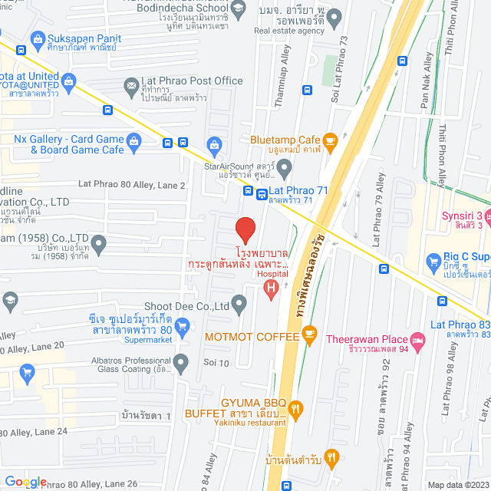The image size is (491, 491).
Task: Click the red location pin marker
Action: pyautogui.click(x=245, y=229)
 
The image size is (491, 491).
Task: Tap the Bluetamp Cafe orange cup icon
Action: pyautogui.click(x=330, y=140)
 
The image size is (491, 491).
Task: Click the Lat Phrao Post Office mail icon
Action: pyautogui.click(x=130, y=84)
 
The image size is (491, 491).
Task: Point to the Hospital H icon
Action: pyautogui.click(x=269, y=288)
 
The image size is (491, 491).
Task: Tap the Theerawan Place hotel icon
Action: pyautogui.click(x=417, y=338)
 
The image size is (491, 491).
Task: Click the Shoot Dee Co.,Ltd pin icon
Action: pyautogui.click(x=239, y=305)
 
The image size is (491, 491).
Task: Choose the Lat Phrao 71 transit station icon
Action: pyautogui.click(x=262, y=195)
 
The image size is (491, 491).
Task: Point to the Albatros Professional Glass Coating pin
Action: pyautogui.click(x=181, y=361)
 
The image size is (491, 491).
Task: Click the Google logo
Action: pyautogui.click(x=25, y=481)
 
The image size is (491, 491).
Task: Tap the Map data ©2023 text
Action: pyautogui.click(x=457, y=485)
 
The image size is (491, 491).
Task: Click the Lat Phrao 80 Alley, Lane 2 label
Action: pyautogui.click(x=132, y=186)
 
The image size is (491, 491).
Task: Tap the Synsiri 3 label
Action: pyautogui.click(x=462, y=216)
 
